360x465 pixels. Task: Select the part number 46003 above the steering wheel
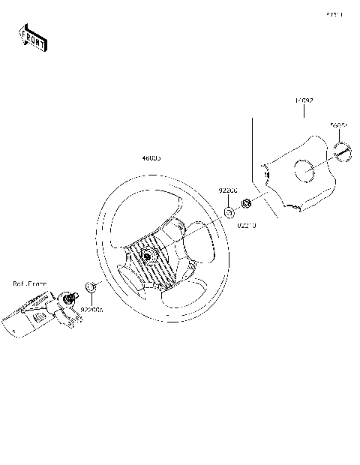pos(151,159)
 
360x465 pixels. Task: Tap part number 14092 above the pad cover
pos(303,100)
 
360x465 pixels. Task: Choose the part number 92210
pos(247,224)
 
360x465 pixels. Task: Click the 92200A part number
pos(93,308)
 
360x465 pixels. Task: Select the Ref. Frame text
pos(29,283)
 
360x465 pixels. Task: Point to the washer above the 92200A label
pos(89,287)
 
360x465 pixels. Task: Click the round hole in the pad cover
pos(305,172)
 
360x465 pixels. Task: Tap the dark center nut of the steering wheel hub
pos(148,257)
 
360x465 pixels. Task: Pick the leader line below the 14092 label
pos(303,111)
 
